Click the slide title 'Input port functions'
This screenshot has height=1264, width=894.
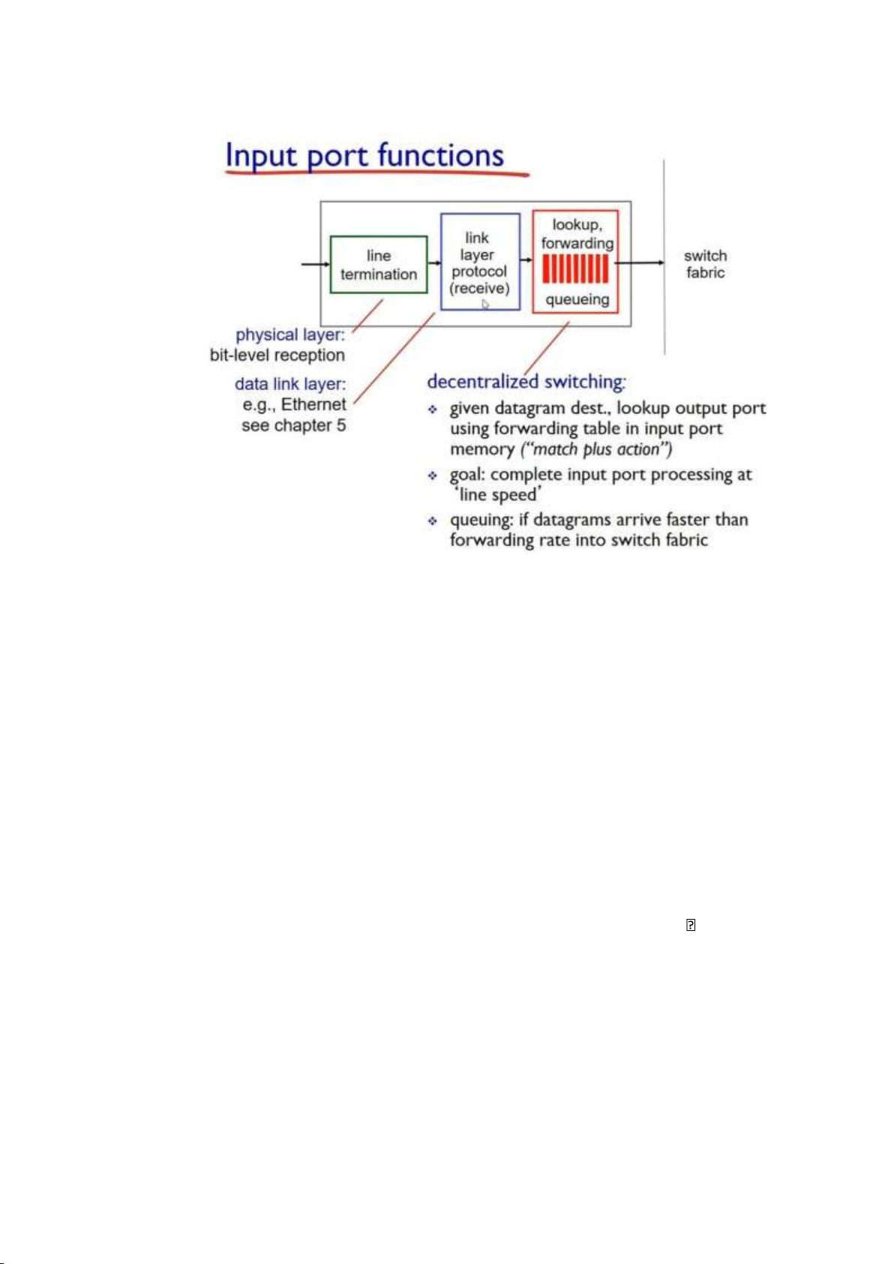(x=364, y=155)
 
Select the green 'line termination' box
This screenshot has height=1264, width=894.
(x=379, y=265)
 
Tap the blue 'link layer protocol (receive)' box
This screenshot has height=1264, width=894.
(x=480, y=262)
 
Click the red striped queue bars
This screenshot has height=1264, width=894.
(x=575, y=268)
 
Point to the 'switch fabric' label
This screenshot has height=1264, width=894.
(x=705, y=264)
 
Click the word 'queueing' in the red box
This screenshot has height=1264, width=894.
(x=577, y=299)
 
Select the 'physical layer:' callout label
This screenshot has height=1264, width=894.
(x=290, y=335)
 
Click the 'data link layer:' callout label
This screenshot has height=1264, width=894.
(x=290, y=384)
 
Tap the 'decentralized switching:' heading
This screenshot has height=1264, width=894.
(x=526, y=382)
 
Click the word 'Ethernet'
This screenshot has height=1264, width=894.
(x=313, y=404)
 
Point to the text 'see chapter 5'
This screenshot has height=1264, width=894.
(x=293, y=425)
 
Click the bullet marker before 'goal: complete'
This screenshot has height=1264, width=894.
(x=433, y=476)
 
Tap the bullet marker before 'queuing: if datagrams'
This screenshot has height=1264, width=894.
(x=433, y=521)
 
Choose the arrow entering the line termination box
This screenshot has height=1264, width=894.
(x=315, y=264)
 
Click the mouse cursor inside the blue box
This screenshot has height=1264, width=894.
(x=485, y=304)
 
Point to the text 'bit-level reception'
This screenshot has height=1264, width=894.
(x=277, y=356)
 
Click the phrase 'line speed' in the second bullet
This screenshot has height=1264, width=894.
(x=498, y=495)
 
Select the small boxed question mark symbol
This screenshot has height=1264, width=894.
(x=691, y=925)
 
